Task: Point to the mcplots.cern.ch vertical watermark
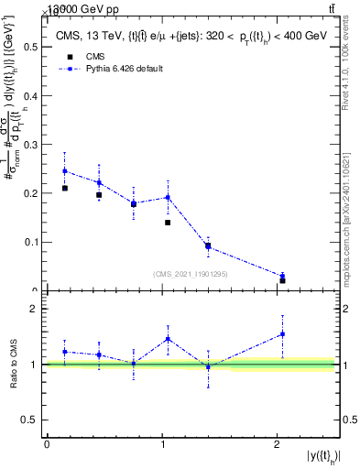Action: click(351, 210)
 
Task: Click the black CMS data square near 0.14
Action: click(168, 223)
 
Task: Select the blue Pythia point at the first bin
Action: click(64, 171)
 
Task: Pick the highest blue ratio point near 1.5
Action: click(282, 334)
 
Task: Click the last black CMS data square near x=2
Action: click(282, 280)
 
